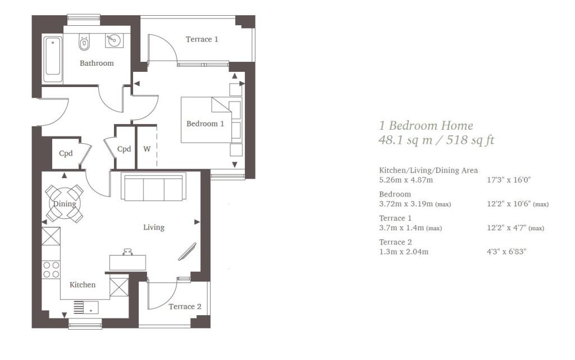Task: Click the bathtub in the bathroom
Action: (x=52, y=56)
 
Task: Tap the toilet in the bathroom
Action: (x=84, y=42)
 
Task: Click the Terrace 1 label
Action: (x=202, y=39)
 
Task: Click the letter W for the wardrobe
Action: (x=147, y=149)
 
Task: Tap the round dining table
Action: (x=65, y=203)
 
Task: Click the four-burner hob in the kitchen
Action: (x=52, y=270)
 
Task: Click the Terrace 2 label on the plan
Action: (x=185, y=307)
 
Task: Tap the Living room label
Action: (x=154, y=227)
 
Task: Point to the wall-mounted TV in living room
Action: (x=188, y=252)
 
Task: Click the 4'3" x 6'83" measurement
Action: (x=506, y=252)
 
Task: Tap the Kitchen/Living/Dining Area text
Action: (x=428, y=170)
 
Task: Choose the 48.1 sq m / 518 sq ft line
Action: (x=436, y=140)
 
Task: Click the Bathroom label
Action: (x=97, y=63)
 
